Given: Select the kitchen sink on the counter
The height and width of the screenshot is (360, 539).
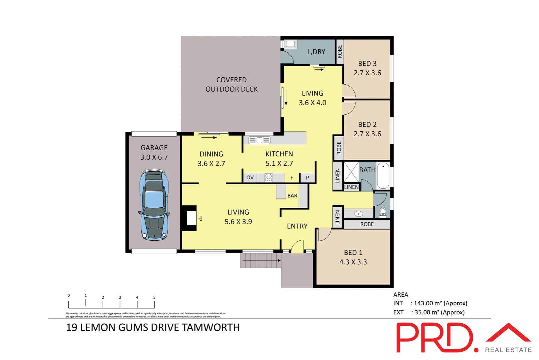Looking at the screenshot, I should coord(259,140).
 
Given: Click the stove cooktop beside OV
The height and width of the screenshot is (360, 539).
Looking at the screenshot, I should coord(268,178).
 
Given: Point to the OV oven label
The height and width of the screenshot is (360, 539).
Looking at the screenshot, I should coord(250,178).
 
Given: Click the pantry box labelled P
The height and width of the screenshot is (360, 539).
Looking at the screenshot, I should coord(307,178).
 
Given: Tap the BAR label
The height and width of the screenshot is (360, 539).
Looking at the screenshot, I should coord(292,196).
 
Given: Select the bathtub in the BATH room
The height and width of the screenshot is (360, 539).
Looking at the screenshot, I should coord(383,175).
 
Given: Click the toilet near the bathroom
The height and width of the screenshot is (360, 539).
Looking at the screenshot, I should coord(383,212).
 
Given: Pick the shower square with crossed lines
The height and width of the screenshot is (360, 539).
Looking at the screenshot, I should coord(351,172).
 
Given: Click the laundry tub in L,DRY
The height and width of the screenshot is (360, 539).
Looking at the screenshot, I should coord(290,44).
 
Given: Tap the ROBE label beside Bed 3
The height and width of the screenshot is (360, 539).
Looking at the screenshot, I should coord(339,52).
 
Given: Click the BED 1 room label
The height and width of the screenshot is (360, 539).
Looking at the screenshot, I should coord(353,253).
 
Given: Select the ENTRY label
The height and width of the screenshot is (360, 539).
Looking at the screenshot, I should coord(297,226).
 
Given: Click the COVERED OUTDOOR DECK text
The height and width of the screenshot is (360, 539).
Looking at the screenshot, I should coord(232,85).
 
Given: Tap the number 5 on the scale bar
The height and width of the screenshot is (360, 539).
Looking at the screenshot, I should coord(154,297).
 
